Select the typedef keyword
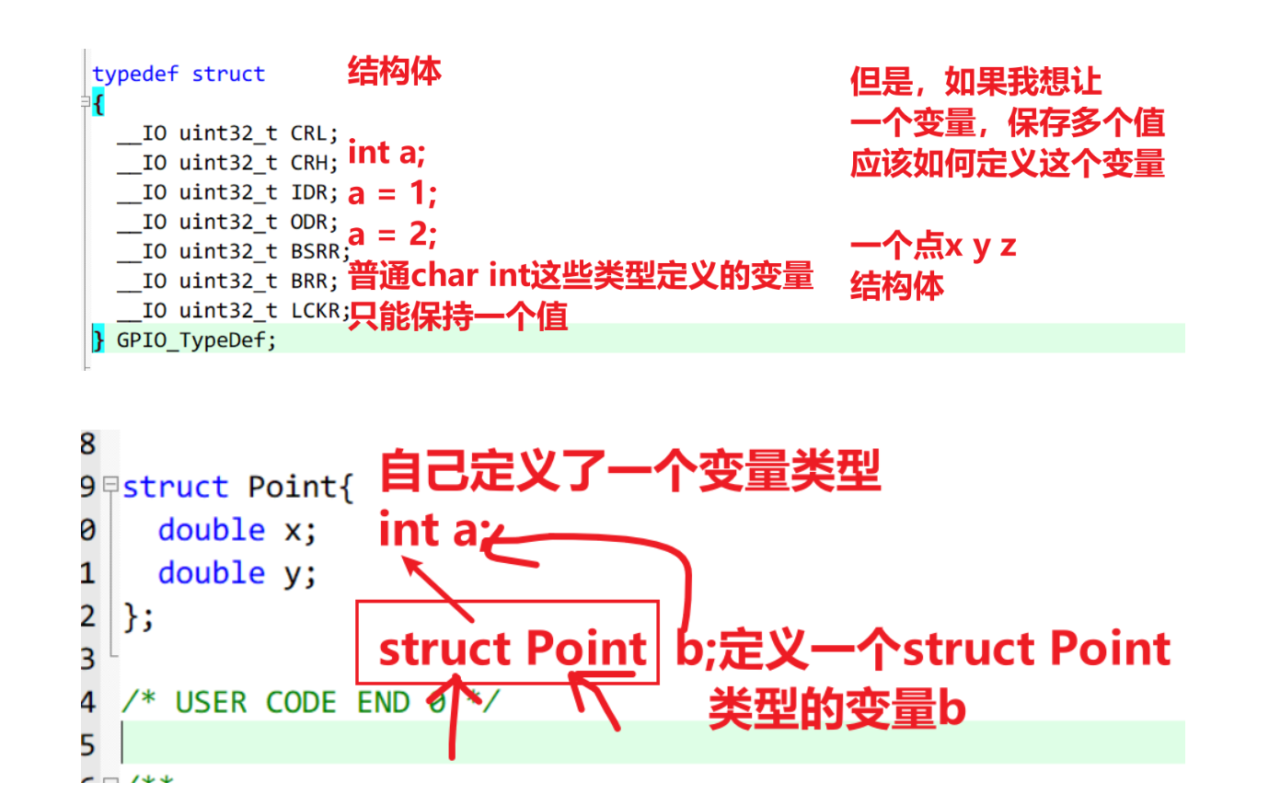[x=135, y=75]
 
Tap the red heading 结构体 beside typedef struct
[x=394, y=71]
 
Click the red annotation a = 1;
[x=392, y=194]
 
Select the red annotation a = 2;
[x=392, y=235]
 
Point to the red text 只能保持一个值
[x=457, y=316]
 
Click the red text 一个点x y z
[x=933, y=246]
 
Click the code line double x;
[x=236, y=530]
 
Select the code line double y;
[x=236, y=573]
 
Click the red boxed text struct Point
[x=510, y=649]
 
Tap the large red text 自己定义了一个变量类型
[x=629, y=471]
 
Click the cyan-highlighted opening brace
[x=98, y=104]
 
